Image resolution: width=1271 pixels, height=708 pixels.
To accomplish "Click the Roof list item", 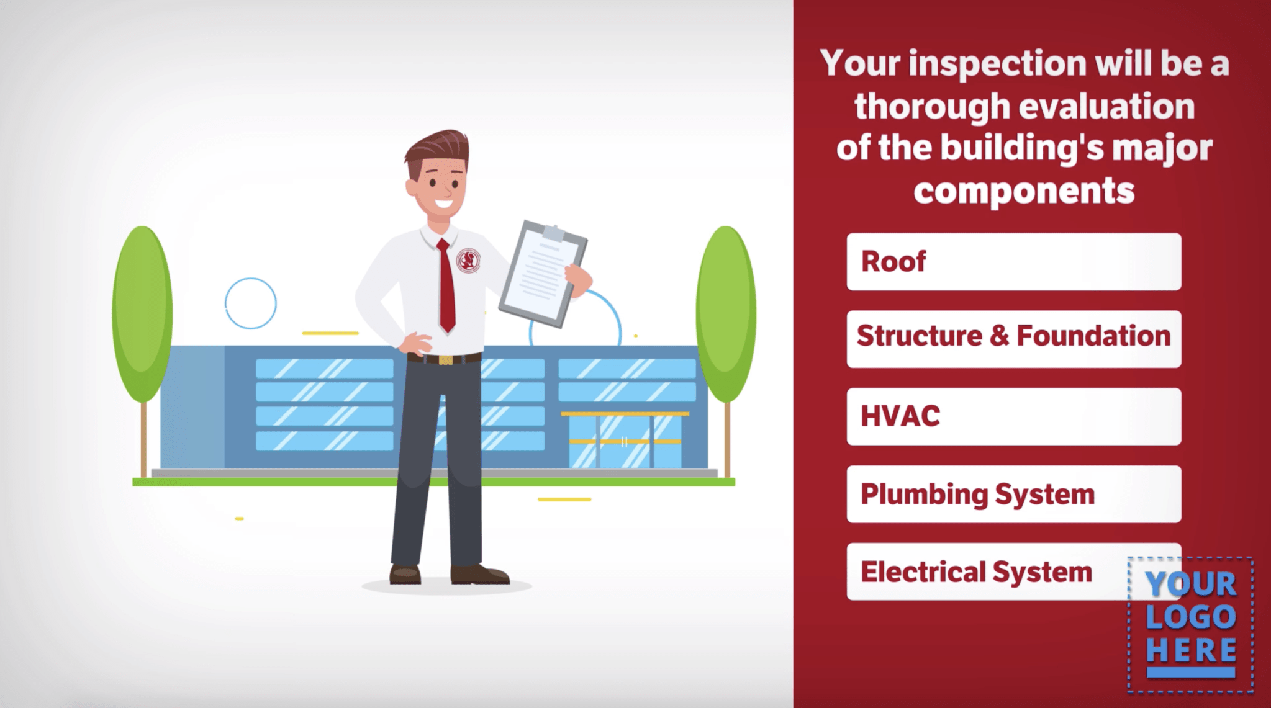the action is point(1013,261).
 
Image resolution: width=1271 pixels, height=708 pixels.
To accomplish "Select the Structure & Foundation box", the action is point(1013,339).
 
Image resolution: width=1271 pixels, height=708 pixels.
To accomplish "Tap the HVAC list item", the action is point(1013,416).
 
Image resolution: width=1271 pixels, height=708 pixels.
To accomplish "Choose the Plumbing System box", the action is point(1013,494).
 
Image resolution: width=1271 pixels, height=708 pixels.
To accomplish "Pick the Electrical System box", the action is point(987,571).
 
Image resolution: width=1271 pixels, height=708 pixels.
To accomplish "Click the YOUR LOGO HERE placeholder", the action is point(1190,624).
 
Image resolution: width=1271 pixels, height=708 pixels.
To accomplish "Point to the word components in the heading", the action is point(1024,191).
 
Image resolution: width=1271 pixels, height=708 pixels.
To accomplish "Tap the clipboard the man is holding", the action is point(543,273).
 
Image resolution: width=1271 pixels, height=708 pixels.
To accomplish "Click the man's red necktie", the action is point(446,285).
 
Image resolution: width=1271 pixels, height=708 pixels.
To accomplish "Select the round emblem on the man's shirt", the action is point(468,261).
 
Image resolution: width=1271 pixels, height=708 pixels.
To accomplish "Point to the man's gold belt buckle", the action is point(445,359).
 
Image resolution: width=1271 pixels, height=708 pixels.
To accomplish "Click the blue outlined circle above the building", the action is point(251,303).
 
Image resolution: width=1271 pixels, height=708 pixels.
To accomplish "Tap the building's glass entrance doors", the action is point(625,442).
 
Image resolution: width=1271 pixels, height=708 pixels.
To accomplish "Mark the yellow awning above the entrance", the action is point(625,413).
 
